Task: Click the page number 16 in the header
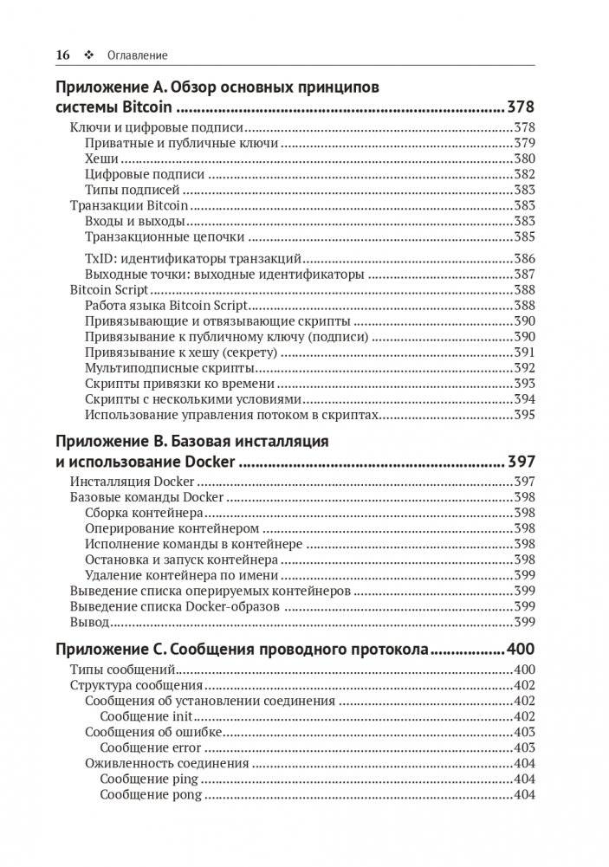(x=62, y=55)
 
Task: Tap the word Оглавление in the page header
(x=137, y=55)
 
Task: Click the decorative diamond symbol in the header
(x=88, y=55)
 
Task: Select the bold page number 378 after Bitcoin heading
(x=521, y=108)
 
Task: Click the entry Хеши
(x=102, y=159)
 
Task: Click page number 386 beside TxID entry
(x=524, y=259)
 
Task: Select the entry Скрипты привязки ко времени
(x=180, y=384)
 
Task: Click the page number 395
(x=524, y=415)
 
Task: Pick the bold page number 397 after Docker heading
(x=521, y=461)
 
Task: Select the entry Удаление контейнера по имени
(x=182, y=575)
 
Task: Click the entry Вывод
(x=89, y=622)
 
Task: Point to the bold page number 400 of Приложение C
(x=521, y=650)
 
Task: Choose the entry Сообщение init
(x=146, y=716)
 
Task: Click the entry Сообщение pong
(x=151, y=794)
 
